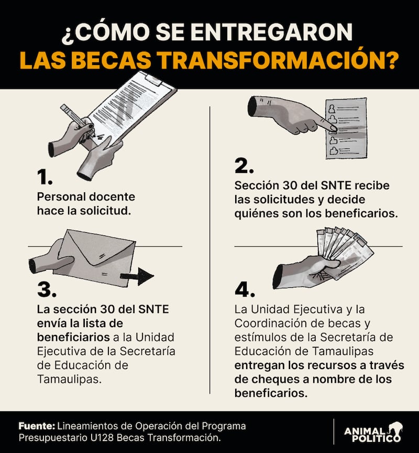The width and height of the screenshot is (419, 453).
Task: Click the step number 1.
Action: [44, 178]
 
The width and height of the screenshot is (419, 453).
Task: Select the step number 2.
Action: [244, 167]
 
